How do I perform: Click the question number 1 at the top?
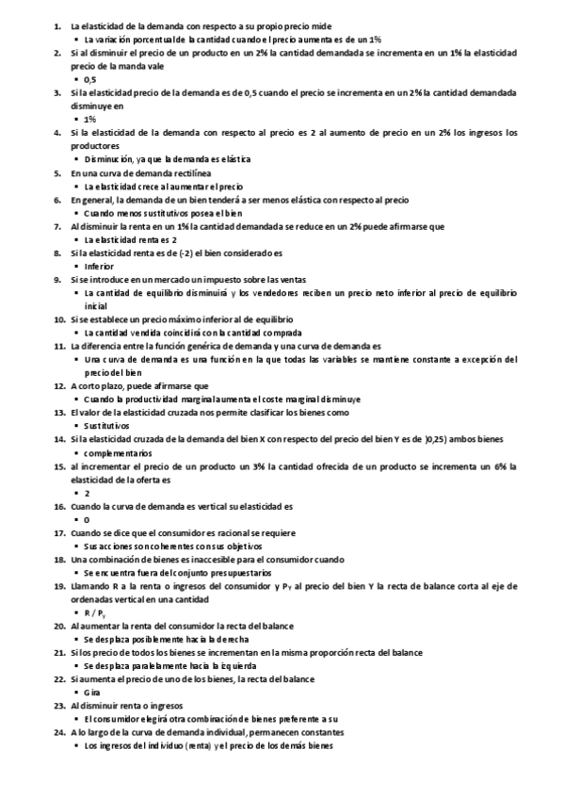tap(57, 25)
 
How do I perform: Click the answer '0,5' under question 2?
tap(90, 106)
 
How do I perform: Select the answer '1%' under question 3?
tap(89, 120)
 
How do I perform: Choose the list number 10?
tap(58, 320)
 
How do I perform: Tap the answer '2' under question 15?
tap(87, 493)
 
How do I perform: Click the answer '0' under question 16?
tap(87, 519)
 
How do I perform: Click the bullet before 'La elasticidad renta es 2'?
tap(76, 240)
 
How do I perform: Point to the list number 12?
tap(58, 386)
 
